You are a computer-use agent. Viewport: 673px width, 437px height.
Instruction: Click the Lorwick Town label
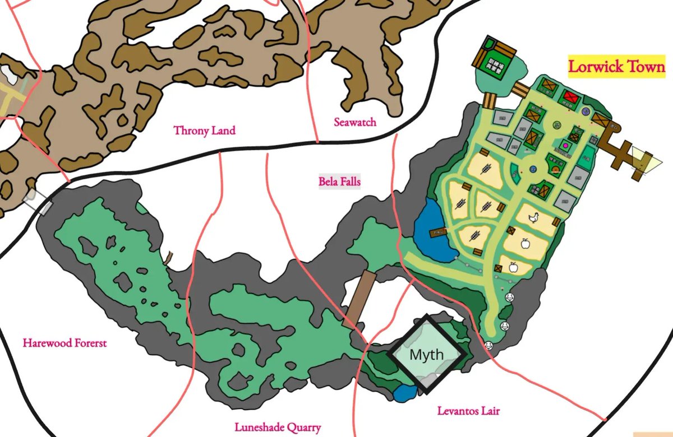[x=616, y=67]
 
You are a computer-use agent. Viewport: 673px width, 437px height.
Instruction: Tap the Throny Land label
[x=204, y=131]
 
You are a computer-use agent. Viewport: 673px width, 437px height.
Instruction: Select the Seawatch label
[x=354, y=122]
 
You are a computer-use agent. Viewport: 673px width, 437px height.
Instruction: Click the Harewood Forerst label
[x=64, y=342]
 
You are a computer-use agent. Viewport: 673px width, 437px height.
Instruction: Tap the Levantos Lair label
[x=468, y=411]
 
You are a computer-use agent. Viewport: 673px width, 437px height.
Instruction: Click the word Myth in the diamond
[x=426, y=355]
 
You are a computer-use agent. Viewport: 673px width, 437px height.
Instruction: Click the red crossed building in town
[x=571, y=95]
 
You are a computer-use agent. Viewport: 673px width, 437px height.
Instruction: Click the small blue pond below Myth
[x=404, y=393]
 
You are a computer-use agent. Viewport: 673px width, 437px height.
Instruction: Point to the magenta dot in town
[x=565, y=146]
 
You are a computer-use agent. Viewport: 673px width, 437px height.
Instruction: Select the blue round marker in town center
[x=533, y=170]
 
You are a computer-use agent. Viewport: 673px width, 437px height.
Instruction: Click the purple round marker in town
[x=586, y=111]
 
